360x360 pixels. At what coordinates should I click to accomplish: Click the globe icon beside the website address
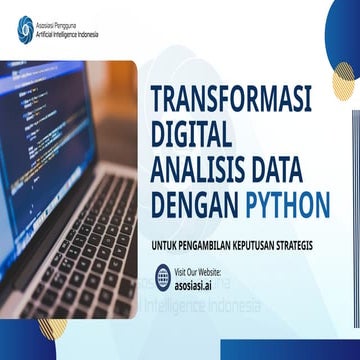(x=163, y=277)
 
